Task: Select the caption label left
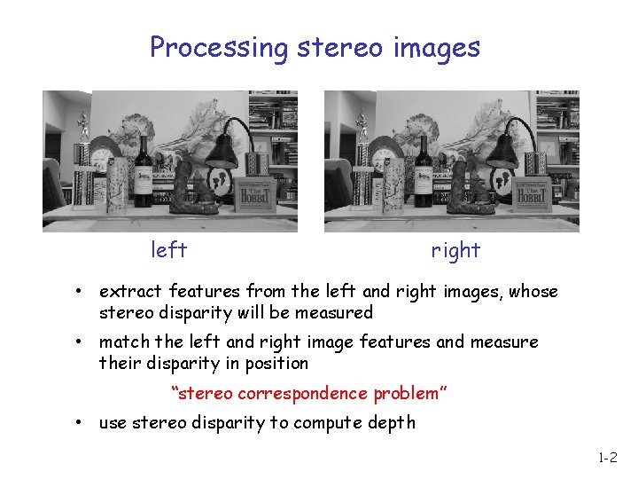click(168, 250)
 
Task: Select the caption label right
click(455, 250)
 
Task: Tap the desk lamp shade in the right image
click(502, 151)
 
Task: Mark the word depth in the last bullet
click(391, 423)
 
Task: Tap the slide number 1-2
click(607, 459)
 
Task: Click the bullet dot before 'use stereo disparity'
click(79, 423)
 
